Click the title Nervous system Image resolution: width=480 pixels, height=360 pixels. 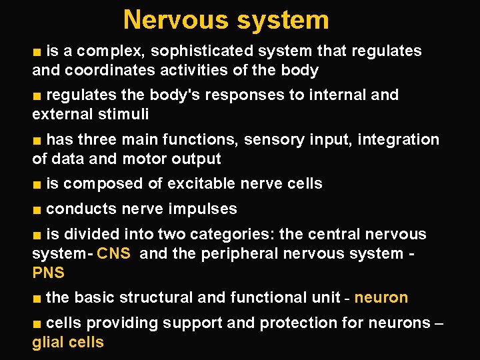(226, 19)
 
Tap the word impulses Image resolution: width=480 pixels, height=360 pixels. (202, 209)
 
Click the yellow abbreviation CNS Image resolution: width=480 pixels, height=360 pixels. (113, 254)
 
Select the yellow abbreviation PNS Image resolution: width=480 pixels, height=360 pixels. (48, 273)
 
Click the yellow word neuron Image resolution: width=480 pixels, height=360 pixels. (381, 298)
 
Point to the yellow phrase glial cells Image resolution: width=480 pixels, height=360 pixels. (68, 343)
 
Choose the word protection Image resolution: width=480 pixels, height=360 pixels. (300, 323)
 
